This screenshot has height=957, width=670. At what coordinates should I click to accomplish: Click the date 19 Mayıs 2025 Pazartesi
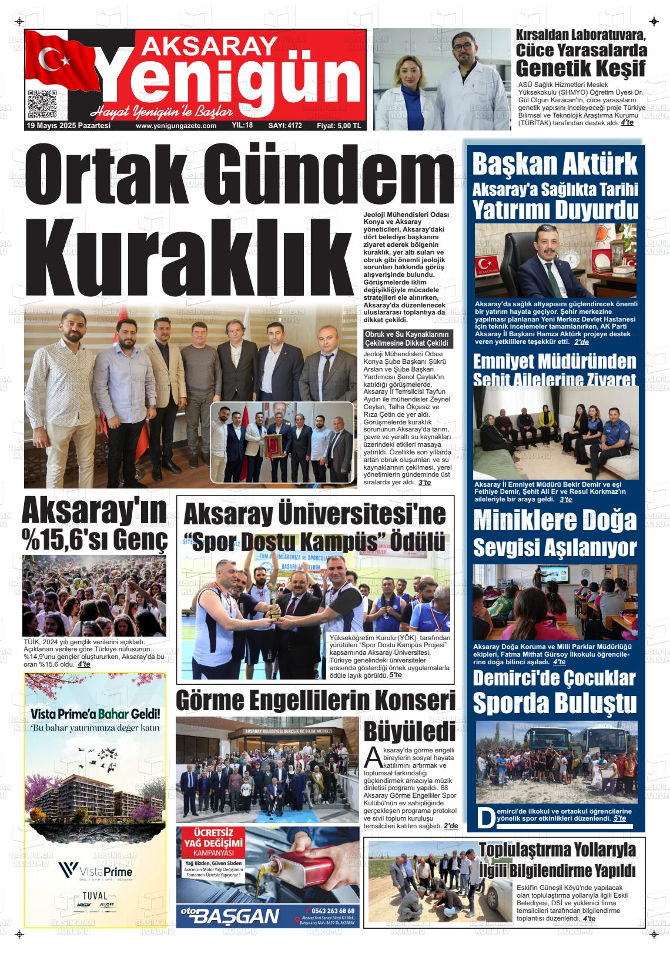click(x=69, y=126)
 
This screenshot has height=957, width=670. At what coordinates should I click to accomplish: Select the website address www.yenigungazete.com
click(x=176, y=126)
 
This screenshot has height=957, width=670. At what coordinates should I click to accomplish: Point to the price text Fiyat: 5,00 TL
click(x=339, y=126)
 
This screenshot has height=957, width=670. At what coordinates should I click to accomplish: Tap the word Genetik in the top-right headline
click(x=548, y=69)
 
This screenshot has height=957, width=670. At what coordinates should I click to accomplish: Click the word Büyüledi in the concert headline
click(x=409, y=732)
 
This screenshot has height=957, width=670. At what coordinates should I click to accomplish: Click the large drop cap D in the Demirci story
click(x=485, y=817)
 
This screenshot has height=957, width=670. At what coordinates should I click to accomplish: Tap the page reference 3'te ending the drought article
click(x=424, y=482)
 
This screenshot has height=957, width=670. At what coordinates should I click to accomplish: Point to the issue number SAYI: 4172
click(x=284, y=126)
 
